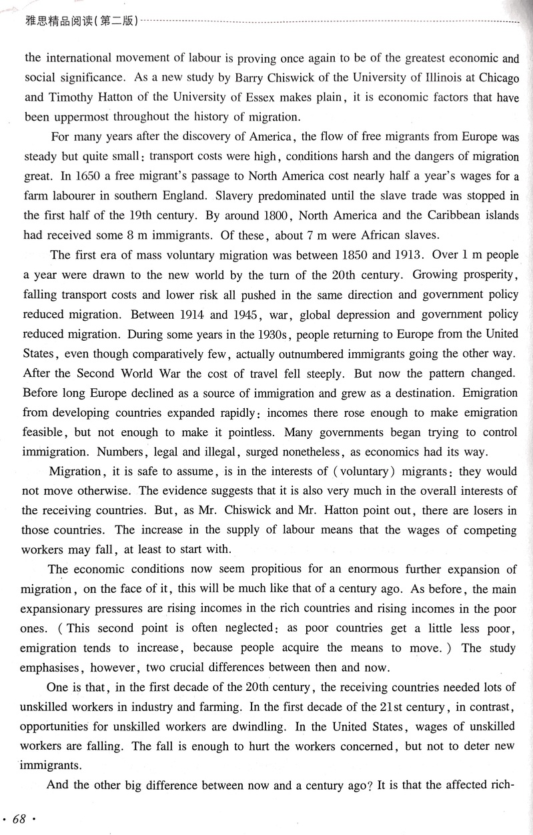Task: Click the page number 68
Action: (x=19, y=819)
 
